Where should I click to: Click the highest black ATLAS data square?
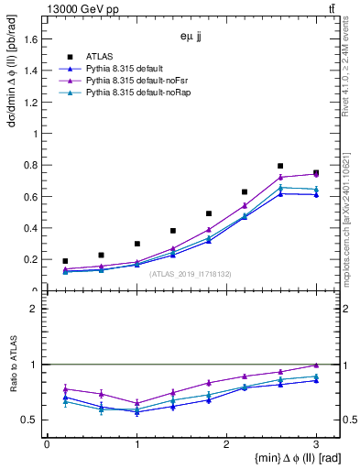280,166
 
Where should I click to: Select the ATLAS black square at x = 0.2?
64,261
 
